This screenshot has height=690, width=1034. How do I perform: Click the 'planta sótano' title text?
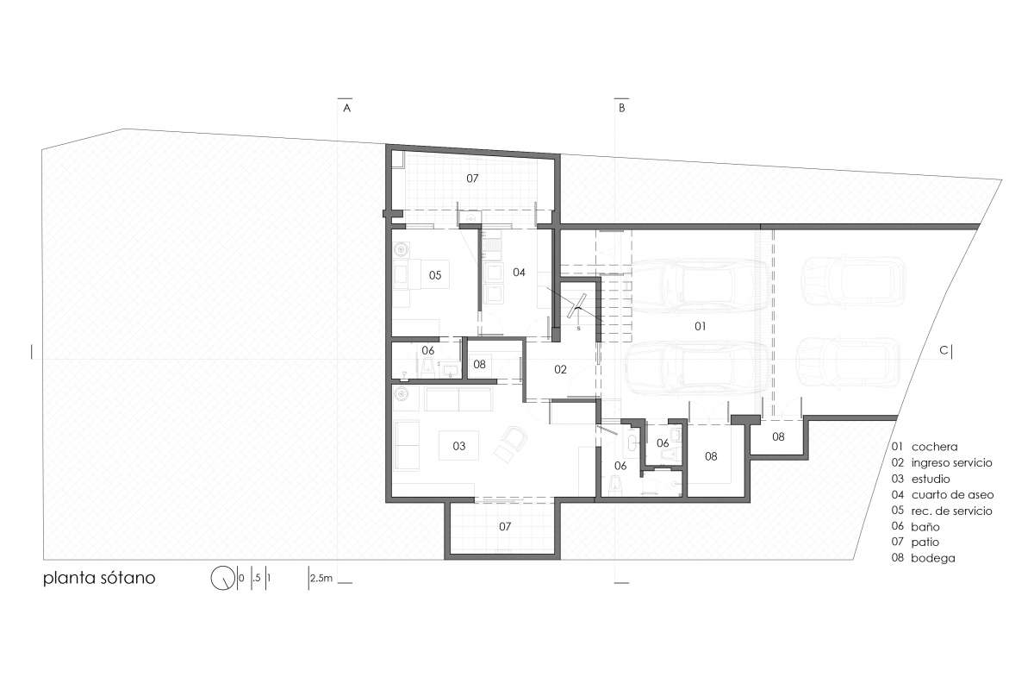(99, 579)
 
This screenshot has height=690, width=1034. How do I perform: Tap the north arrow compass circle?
(222, 578)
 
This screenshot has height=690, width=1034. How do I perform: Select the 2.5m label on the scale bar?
(321, 578)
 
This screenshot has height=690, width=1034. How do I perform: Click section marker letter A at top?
(346, 108)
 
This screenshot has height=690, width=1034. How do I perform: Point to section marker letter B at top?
(622, 108)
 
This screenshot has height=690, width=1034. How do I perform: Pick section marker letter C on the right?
(944, 351)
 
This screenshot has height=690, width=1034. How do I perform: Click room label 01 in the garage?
(701, 326)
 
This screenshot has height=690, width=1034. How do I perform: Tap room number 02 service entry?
(560, 369)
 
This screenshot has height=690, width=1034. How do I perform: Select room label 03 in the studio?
(458, 446)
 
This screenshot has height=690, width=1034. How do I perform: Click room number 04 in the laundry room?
(519, 273)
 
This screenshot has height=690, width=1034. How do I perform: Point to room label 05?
(435, 275)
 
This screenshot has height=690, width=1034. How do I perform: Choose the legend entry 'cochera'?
(934, 447)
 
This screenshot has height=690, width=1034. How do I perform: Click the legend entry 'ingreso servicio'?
(951, 463)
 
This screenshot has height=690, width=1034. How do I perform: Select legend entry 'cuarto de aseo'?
(952, 495)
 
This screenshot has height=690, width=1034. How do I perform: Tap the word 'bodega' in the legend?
(933, 558)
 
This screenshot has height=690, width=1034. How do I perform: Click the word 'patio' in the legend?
(925, 543)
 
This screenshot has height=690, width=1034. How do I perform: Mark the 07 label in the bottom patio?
(505, 526)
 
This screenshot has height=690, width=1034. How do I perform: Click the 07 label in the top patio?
(472, 179)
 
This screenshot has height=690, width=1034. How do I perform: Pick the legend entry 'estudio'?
(931, 479)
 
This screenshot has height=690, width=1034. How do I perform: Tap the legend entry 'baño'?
(925, 526)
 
